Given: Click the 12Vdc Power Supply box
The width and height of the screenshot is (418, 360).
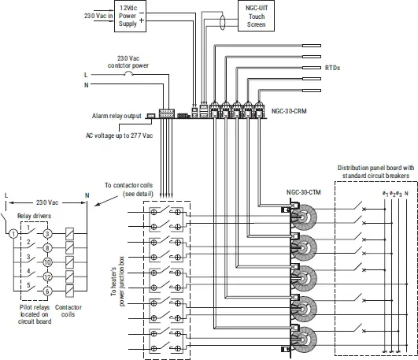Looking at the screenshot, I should (x=128, y=16).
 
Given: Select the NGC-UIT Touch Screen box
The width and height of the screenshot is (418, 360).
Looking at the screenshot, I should (x=256, y=16).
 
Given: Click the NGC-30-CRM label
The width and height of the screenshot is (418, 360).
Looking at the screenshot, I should (x=289, y=112).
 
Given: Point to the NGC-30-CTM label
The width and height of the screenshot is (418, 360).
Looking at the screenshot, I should (x=303, y=192).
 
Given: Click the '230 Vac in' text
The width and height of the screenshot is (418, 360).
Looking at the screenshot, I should (x=95, y=16).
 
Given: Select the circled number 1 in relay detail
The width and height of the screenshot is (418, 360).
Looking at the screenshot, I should (x=13, y=233).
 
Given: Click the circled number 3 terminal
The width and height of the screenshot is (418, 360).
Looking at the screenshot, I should (x=47, y=233).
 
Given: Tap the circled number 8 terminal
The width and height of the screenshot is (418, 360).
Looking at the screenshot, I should (x=47, y=247).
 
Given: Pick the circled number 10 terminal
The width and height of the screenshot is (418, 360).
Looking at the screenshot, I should (x=47, y=262).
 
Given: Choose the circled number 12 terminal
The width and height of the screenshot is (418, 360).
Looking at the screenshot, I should (x=47, y=276).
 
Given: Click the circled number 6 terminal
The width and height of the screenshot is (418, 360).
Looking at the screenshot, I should (x=47, y=291).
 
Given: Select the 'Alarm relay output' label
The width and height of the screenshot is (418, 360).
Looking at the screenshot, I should (x=117, y=116).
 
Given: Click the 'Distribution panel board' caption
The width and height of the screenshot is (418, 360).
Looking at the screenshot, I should (x=374, y=172).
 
